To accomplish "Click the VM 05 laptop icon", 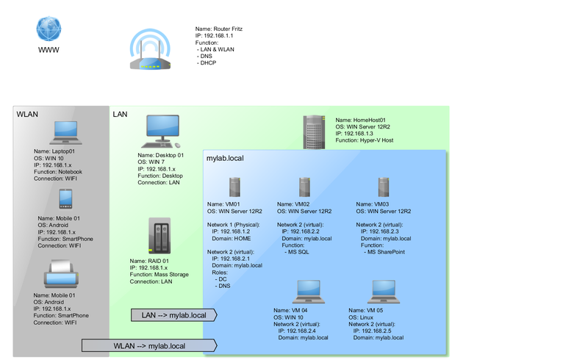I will pos(383,291).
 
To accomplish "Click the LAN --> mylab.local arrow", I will pos(177,315).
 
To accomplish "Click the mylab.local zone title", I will pos(225,158).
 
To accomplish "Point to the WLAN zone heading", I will pos(27,115).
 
